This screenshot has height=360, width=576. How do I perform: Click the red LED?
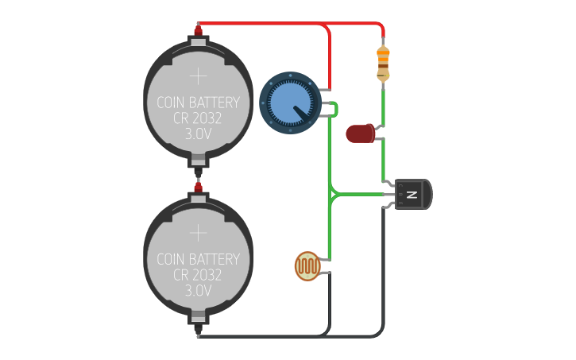coord(361,134)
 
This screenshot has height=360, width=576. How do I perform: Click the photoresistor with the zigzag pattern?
coord(308,265)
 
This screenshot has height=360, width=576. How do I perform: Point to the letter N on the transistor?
coord(412,195)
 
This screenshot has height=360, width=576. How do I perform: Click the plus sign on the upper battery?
coord(198,76)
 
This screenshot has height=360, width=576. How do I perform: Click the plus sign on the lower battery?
coord(198,233)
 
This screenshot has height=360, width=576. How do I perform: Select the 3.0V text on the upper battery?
coord(198,134)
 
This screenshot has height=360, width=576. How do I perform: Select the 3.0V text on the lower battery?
coord(198,291)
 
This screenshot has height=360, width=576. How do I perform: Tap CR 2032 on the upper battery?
coord(198,118)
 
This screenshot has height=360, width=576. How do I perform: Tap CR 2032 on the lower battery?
coord(198,275)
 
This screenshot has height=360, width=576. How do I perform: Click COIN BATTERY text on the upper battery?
coord(198,103)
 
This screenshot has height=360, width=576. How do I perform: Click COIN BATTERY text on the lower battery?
coord(198,259)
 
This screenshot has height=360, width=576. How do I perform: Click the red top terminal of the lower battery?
coord(198,187)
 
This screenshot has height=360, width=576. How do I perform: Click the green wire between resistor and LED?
coord(383,103)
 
